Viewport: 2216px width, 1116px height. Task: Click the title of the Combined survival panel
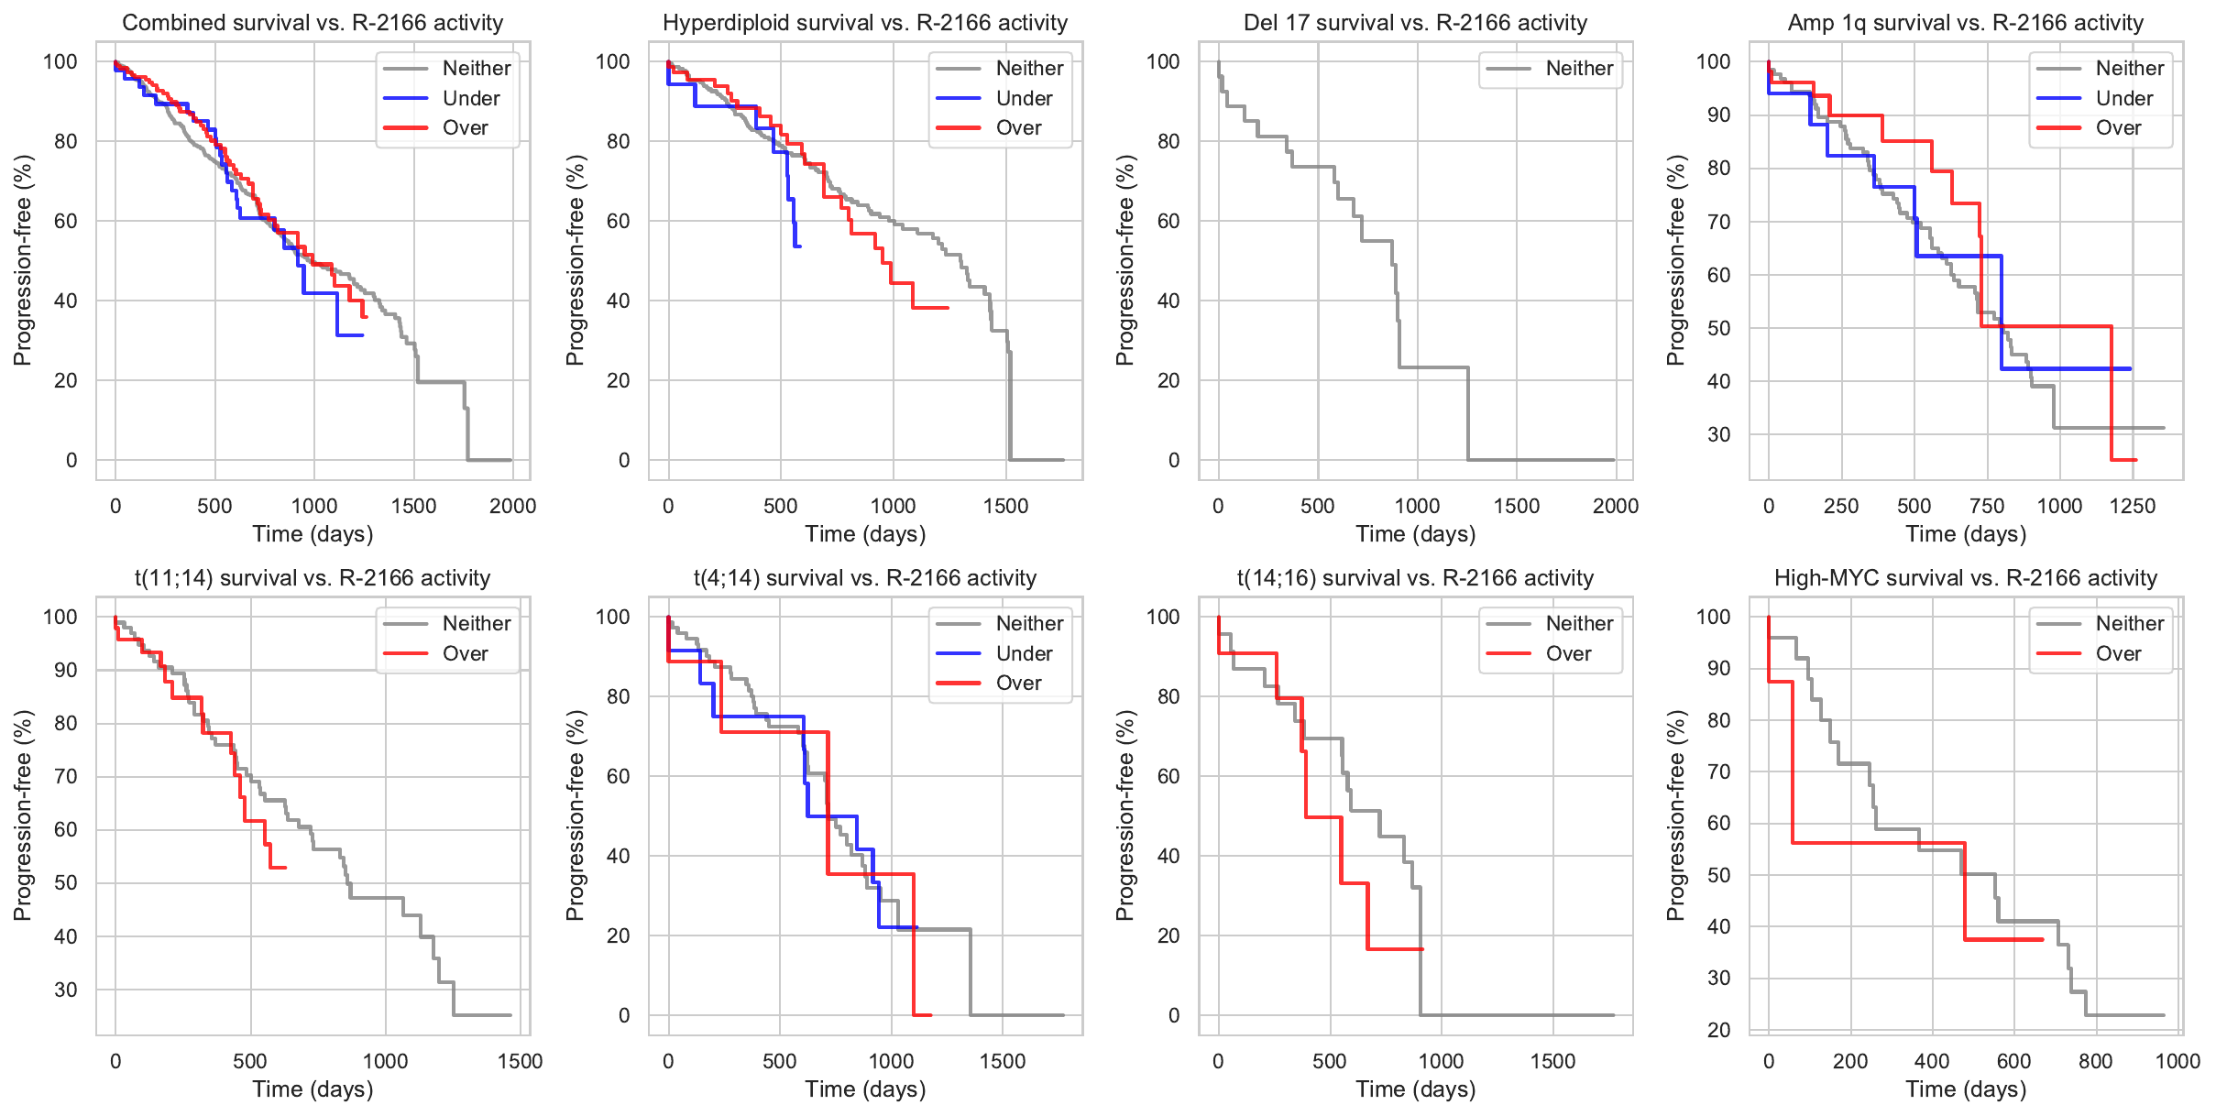coord(313,23)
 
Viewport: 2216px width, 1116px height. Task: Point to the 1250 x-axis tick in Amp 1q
coord(2133,506)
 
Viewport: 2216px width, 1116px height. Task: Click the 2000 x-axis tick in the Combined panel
coord(512,506)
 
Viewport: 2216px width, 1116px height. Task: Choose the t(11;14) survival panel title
coord(313,578)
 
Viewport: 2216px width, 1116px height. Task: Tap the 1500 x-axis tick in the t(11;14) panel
coord(520,1061)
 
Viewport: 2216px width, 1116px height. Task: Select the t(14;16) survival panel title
coord(1415,578)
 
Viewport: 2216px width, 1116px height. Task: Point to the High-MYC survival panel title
coord(1966,578)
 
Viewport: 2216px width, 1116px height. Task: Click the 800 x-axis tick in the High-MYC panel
coord(2096,1061)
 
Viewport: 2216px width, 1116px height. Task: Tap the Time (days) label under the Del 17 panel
coord(1415,534)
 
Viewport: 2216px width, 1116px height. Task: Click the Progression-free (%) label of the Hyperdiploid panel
coord(575,260)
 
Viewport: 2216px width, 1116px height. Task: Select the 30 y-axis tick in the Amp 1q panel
coord(1718,434)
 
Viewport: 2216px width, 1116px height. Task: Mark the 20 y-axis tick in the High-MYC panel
coord(1718,1030)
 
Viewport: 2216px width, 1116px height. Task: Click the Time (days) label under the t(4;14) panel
coord(865,1089)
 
